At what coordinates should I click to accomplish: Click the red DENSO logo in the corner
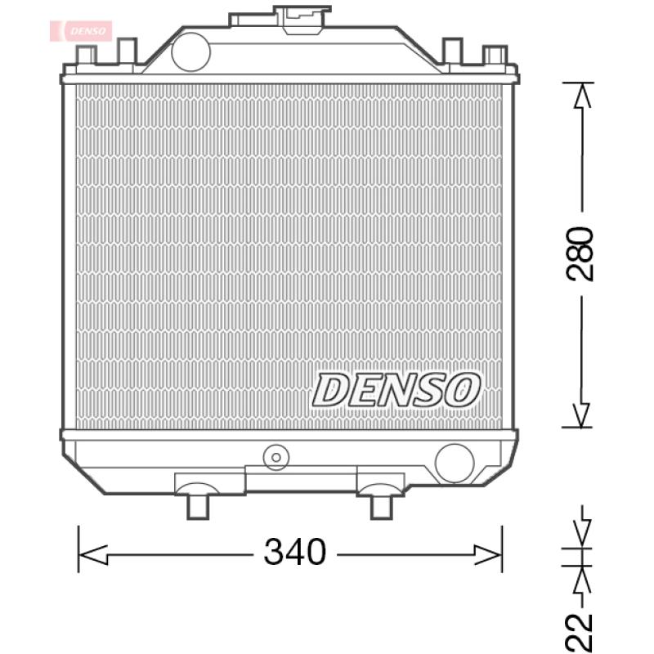(83, 30)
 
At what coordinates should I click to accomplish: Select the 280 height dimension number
(581, 254)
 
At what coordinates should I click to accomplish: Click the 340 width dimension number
(295, 553)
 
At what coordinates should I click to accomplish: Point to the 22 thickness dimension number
(581, 632)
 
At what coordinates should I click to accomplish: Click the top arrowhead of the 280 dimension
(581, 96)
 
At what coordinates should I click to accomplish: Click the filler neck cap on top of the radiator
(303, 17)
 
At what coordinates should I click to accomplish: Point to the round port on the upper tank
(190, 50)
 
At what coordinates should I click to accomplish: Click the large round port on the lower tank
(454, 463)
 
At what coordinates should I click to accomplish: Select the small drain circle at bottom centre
(276, 456)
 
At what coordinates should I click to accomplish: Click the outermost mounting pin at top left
(86, 55)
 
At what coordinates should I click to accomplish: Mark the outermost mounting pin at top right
(495, 55)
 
